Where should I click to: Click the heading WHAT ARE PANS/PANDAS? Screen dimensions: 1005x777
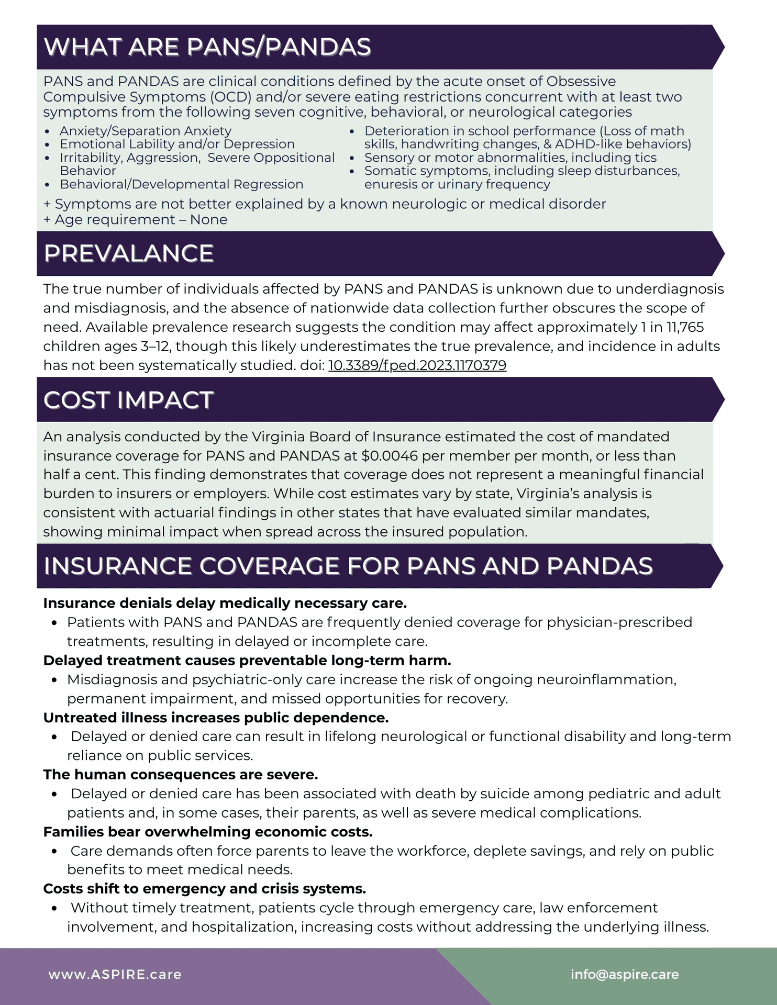(x=207, y=47)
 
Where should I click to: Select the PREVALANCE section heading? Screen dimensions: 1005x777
(x=128, y=254)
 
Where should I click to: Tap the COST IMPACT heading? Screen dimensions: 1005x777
(x=128, y=400)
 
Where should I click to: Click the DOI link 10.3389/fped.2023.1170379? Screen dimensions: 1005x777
(x=417, y=365)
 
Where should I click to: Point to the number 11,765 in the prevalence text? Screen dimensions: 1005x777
(x=685, y=327)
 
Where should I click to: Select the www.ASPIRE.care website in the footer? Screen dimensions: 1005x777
(x=115, y=975)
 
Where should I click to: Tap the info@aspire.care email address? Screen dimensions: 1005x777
(x=625, y=975)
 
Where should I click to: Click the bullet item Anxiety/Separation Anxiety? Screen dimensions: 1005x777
(x=145, y=131)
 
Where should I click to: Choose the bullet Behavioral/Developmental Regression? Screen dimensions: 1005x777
(x=181, y=184)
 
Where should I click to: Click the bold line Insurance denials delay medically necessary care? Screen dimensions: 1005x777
(x=225, y=604)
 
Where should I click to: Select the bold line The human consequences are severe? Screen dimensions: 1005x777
(x=181, y=775)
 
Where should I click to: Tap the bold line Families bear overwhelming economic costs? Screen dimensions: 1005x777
(x=208, y=832)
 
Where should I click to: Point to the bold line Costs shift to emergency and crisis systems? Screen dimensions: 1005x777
(x=205, y=889)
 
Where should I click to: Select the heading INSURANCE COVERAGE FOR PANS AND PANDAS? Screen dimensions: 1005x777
(x=348, y=566)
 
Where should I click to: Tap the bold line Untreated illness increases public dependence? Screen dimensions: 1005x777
(x=216, y=718)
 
